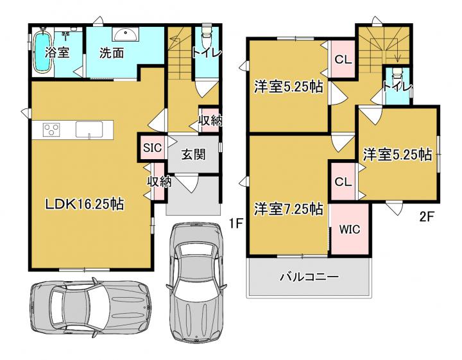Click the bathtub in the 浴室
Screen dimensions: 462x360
pos(43,51)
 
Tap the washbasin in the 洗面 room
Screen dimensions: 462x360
pos(125,35)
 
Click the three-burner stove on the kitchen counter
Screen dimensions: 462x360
pos(51,130)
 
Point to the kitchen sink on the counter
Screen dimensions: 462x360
pos(89,129)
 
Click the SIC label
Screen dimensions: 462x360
pos(152,148)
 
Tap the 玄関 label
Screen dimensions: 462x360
pos(193,154)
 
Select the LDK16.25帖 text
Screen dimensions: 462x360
pos(84,204)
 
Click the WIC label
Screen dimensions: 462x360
pos(350,229)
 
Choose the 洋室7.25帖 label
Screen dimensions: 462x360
pos(289,209)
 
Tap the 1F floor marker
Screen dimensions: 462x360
pos(236,223)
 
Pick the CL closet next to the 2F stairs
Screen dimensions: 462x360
pos(343,60)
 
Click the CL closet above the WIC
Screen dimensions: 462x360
pos(343,182)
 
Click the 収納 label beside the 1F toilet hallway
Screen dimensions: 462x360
pos(210,121)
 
